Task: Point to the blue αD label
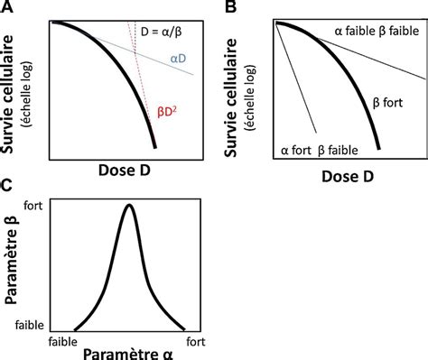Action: click(178, 60)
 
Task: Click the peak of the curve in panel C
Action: click(130, 206)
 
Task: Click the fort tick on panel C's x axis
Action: click(199, 340)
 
